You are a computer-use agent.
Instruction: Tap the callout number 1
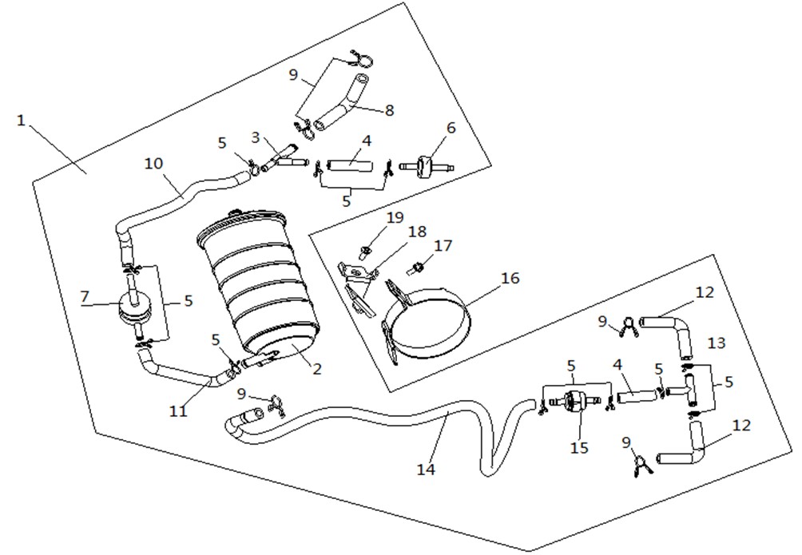coord(21,121)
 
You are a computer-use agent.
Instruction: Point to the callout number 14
coord(426,468)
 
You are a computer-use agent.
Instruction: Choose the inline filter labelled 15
coord(574,400)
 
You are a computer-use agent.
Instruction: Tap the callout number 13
coord(717,343)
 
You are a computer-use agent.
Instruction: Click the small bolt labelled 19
coord(365,252)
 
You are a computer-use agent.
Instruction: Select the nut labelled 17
coord(416,268)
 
